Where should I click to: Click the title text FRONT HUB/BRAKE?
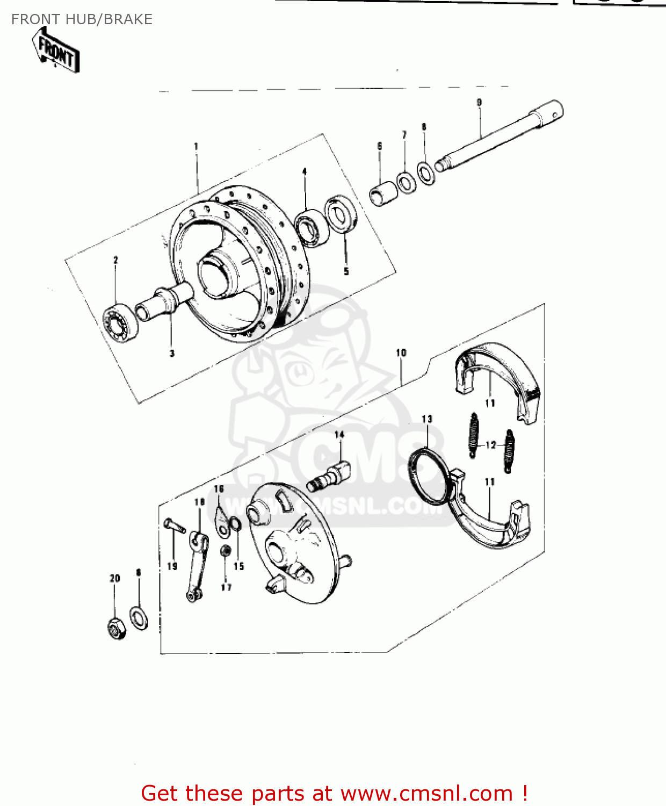[82, 19]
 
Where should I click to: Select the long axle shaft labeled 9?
[499, 136]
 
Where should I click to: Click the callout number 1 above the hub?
[196, 146]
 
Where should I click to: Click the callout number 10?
[401, 352]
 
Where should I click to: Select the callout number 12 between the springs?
[491, 445]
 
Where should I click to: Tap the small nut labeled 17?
[226, 552]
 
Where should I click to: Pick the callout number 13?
[427, 419]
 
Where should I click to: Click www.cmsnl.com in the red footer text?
[427, 793]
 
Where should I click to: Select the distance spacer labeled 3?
[167, 304]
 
